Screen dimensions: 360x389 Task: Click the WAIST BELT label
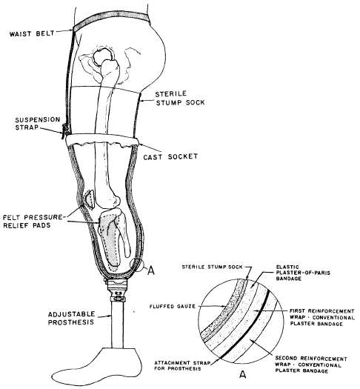(x=32, y=33)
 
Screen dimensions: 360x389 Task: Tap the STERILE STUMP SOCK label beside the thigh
(x=180, y=98)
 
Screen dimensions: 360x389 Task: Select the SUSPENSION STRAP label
(x=38, y=123)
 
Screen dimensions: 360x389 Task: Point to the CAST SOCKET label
(x=170, y=156)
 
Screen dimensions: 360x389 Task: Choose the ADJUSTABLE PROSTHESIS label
(x=71, y=318)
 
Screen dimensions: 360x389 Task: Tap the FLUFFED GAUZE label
(x=173, y=307)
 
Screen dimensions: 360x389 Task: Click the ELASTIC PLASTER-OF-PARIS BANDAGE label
(x=303, y=273)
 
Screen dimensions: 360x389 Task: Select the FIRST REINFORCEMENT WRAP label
(x=322, y=317)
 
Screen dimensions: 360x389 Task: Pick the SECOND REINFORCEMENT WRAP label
(x=311, y=365)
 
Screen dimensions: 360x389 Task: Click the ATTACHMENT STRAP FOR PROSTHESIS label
(x=182, y=366)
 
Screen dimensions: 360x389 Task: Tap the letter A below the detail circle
(x=243, y=374)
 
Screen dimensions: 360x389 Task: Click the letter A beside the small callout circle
(x=151, y=270)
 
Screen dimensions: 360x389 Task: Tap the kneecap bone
(x=90, y=199)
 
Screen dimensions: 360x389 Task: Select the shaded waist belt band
(x=111, y=19)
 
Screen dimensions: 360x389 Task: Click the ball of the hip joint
(x=102, y=56)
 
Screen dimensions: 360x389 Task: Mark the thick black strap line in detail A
(x=244, y=325)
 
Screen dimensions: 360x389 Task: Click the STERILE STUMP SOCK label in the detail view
(x=213, y=267)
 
